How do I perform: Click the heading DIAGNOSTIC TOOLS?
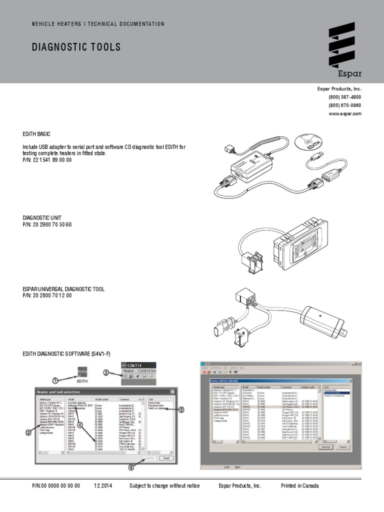76,47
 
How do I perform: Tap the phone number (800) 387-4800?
344,97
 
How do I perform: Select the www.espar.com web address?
344,113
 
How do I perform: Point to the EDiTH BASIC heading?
36,134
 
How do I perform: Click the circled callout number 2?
106,372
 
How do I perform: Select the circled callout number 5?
181,409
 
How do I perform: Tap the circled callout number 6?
132,467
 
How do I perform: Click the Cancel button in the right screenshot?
343,447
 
